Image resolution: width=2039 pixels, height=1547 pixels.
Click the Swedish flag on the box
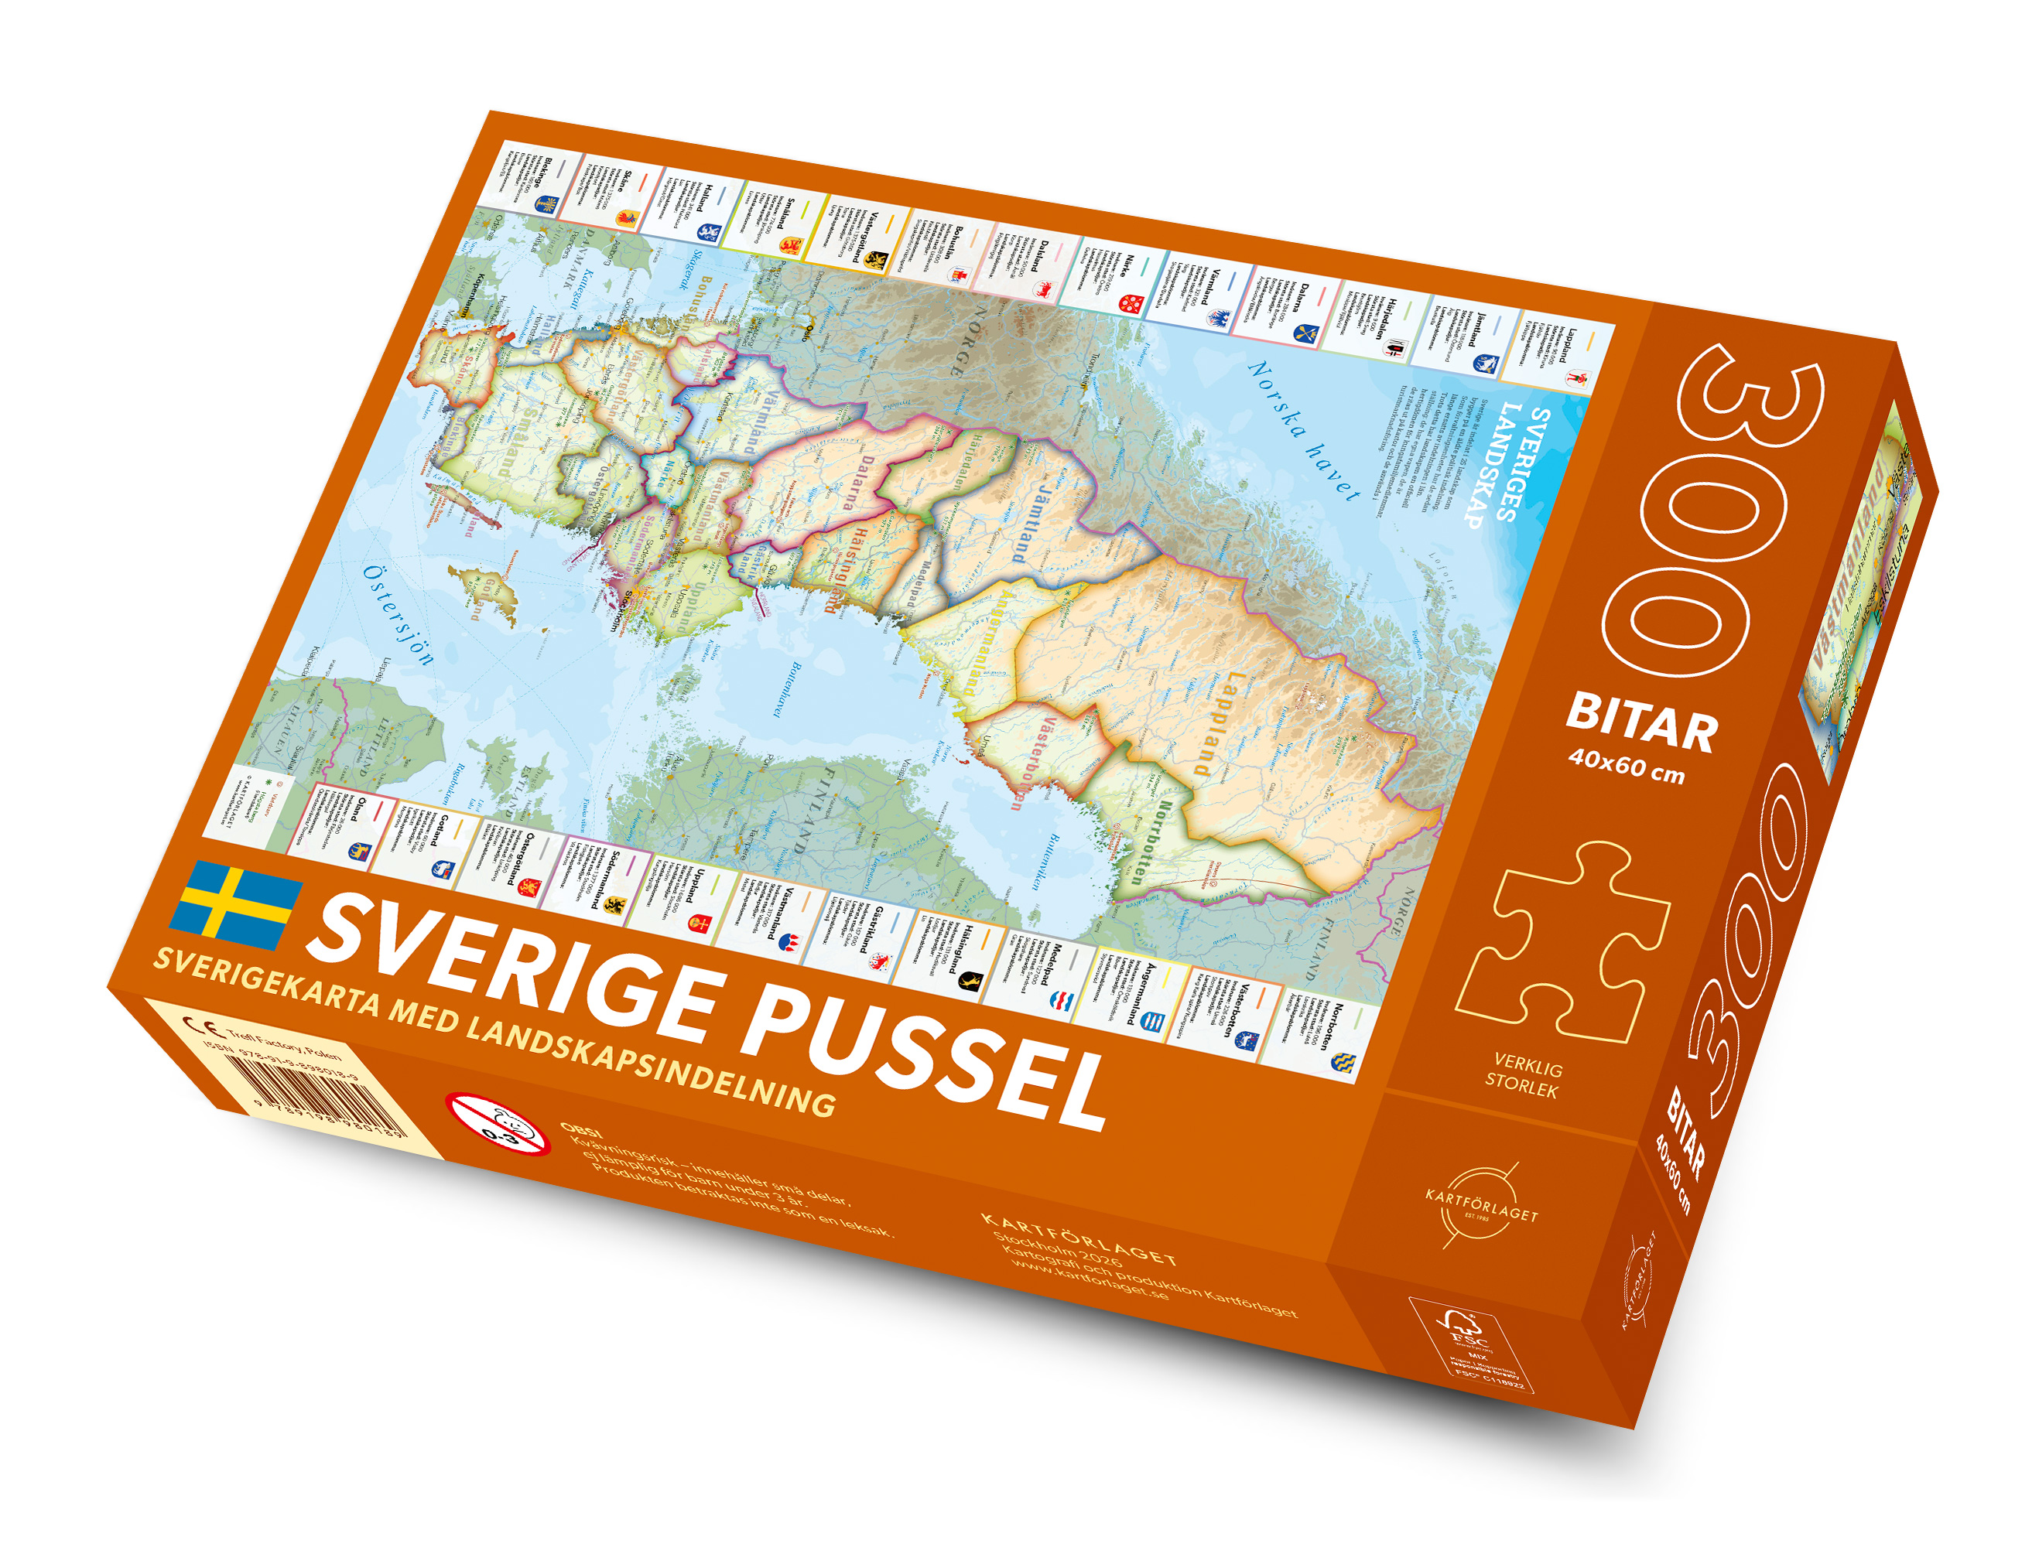tap(237, 906)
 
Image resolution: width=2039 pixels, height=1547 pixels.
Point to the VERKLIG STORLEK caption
tap(1523, 1078)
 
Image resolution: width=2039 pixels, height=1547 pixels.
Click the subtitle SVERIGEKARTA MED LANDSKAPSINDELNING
tap(494, 1031)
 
